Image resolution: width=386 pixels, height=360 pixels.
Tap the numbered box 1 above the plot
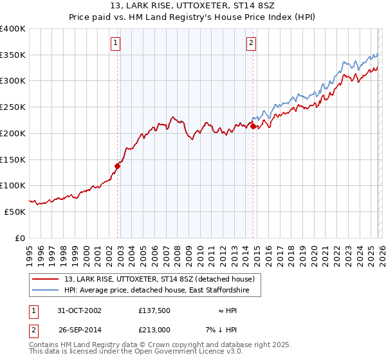(x=115, y=43)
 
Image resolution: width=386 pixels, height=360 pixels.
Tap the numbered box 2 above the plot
(x=251, y=43)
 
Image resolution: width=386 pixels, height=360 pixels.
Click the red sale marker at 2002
(x=118, y=166)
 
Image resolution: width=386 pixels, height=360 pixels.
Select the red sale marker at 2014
(x=253, y=127)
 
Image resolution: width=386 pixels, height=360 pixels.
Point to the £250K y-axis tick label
(x=13, y=107)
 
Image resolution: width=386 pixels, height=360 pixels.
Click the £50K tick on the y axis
(x=15, y=212)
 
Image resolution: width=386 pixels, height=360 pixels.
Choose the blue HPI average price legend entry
(x=161, y=291)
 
